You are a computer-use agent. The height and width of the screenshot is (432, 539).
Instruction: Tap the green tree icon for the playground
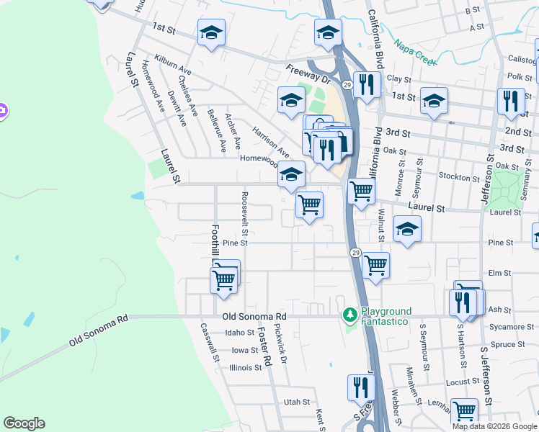tap(350, 315)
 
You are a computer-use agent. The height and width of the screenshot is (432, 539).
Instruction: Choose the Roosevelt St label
tap(246, 214)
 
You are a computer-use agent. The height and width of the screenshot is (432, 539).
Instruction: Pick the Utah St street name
tap(296, 402)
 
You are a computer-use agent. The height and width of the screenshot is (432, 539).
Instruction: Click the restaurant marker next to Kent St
tap(360, 388)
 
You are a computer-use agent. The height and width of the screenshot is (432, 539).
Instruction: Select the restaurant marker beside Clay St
tap(367, 84)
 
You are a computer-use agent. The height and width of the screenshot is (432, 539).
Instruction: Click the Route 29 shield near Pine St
tap(356, 253)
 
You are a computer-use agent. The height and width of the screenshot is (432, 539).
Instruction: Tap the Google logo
tap(24, 423)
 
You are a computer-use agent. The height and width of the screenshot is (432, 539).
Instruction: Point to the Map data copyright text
tap(494, 426)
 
